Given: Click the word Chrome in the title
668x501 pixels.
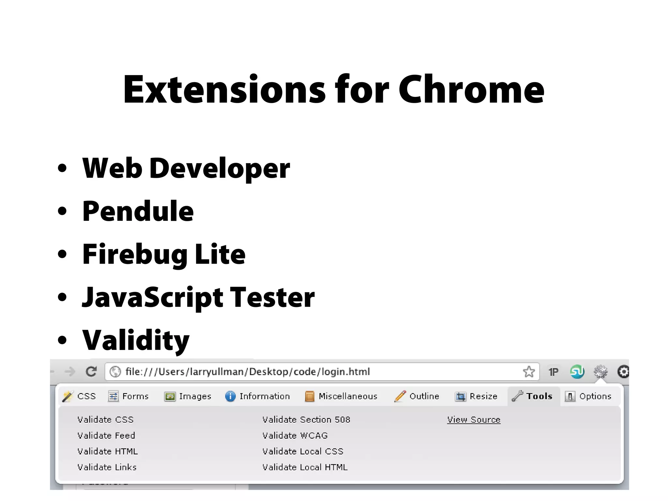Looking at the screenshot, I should [471, 90].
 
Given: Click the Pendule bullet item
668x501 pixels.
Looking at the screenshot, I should [138, 211].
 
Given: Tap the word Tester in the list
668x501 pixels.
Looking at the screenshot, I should [272, 297].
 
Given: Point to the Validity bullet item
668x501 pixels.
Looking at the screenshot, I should [136, 340].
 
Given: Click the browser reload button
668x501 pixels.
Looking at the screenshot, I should [91, 372].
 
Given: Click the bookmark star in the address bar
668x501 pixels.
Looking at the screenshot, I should [529, 372].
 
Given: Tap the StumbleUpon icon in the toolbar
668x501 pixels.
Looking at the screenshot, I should [577, 372].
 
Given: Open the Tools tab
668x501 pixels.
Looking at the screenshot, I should [533, 396].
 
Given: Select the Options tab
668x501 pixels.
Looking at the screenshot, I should [588, 396].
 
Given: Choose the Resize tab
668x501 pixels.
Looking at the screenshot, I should [477, 396].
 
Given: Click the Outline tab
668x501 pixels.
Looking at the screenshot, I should [417, 396].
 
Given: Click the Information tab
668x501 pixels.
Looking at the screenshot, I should [258, 396].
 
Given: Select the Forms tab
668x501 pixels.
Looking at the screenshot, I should [129, 396].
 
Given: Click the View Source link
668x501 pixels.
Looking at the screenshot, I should [474, 420].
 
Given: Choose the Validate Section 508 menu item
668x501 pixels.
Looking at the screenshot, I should [306, 420].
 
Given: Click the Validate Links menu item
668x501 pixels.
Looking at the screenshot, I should [107, 467].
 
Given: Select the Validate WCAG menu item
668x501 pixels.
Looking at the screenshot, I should [295, 436].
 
